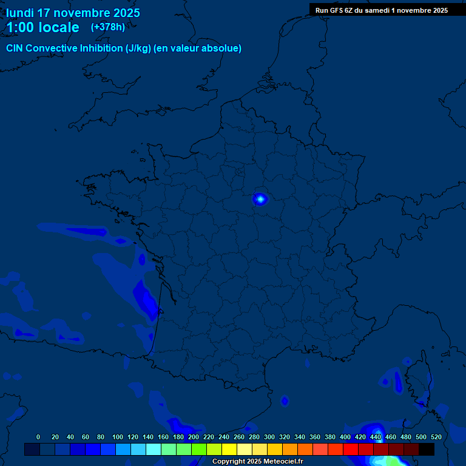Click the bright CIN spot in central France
pos(260,198)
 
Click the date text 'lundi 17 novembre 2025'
pos(73,13)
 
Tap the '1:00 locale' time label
pos(42,27)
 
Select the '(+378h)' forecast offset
pos(108,27)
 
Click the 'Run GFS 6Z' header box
pos(382,10)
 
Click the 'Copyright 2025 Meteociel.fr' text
pos(257,461)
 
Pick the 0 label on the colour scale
pos(38,437)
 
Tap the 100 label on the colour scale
pos(117,437)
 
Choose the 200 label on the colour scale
pos(194,437)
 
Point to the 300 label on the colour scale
pos(269,437)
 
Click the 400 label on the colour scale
pos(345,437)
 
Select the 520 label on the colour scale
pos(436,437)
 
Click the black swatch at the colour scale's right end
pos(427,449)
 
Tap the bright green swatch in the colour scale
pos(199,449)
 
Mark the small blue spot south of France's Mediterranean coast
pos(285,400)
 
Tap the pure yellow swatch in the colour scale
pos(229,449)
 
